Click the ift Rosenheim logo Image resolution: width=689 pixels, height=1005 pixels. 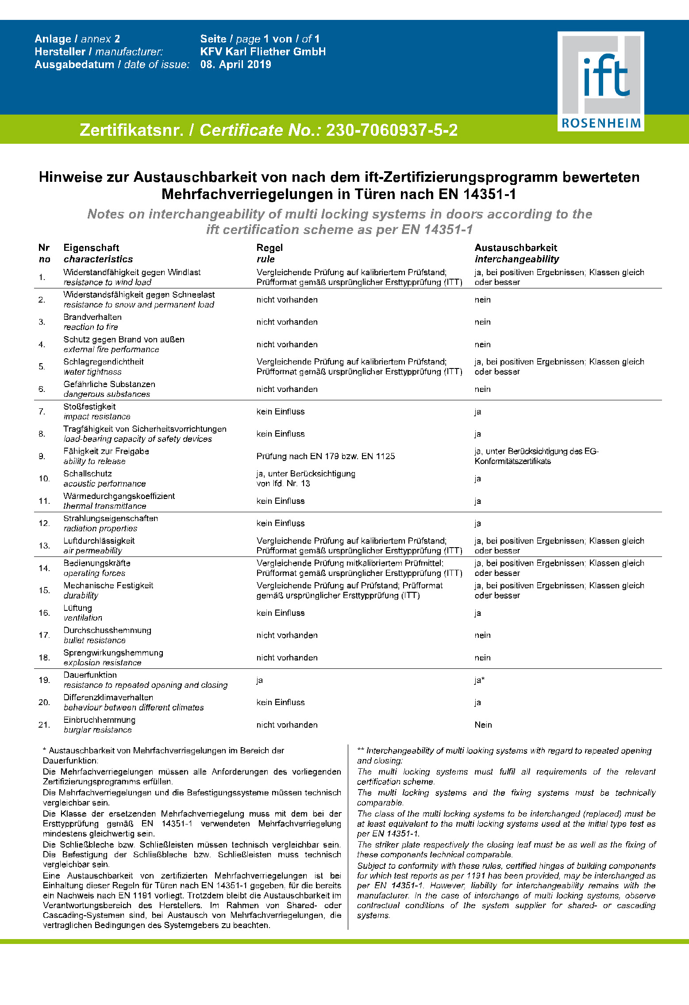coord(600,81)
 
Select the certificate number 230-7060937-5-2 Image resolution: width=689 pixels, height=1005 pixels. coord(392,130)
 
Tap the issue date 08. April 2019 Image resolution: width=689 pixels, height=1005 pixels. coord(235,65)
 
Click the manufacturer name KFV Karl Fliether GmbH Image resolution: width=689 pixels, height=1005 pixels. coord(263,52)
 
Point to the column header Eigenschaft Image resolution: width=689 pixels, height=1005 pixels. coord(91,248)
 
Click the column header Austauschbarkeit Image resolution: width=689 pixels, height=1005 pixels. coord(516,248)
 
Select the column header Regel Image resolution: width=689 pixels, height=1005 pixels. coord(269,248)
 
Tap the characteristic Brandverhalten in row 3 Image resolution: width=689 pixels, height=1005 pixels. coord(92,317)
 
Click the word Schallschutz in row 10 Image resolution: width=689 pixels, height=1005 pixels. coord(88,474)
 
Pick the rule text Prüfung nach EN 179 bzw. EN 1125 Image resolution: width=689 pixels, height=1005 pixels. coord(325,456)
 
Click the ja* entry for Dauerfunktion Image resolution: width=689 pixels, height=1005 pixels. coord(479,680)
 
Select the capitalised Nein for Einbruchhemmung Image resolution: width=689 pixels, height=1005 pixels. coord(483,725)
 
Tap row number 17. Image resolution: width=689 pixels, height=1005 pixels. coord(44,635)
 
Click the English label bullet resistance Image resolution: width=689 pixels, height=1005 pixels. coord(94,641)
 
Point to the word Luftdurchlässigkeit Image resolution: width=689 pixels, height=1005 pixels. coord(99,541)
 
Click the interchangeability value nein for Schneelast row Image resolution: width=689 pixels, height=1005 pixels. coord(482,300)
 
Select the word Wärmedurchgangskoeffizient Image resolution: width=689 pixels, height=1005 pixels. coord(119,496)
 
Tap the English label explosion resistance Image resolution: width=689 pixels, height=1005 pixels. coord(102,663)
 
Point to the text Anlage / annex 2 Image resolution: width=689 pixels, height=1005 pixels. coord(77,39)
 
